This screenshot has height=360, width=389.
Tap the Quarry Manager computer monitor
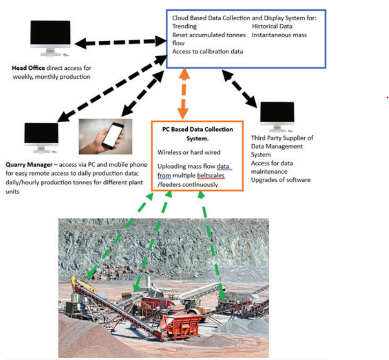42,136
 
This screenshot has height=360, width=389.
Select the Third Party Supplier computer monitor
277,115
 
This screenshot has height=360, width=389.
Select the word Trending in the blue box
184,26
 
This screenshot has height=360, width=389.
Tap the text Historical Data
272,26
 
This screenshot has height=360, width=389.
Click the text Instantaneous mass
279,35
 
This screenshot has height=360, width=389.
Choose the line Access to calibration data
207,51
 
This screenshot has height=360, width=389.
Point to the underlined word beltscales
210,175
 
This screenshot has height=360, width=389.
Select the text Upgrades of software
280,180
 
